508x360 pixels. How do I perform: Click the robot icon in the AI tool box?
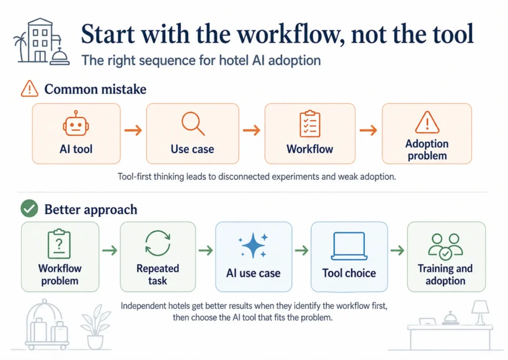point(76,124)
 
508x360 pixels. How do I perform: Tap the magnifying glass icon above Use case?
point(193,124)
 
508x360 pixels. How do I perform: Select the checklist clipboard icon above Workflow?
point(310,124)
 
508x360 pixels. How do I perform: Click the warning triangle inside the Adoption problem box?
point(426,122)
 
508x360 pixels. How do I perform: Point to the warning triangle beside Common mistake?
point(30,89)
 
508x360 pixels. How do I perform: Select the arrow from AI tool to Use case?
point(133,131)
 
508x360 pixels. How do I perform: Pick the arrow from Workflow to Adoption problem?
point(368,131)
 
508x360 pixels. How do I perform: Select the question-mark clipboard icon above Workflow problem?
point(60,243)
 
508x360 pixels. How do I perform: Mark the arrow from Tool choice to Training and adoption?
point(397,251)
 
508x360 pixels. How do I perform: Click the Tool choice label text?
point(349,273)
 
